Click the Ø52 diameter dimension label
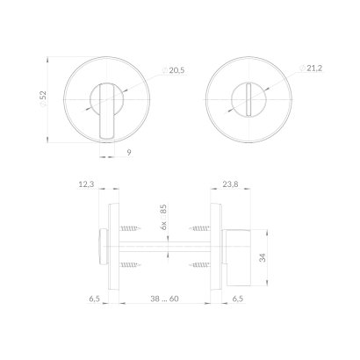(43, 99)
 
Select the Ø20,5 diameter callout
(173, 70)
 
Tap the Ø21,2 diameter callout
(311, 68)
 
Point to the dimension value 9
(129, 152)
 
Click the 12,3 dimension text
(86, 184)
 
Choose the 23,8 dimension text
(230, 184)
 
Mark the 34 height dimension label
(263, 257)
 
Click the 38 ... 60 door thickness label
(164, 299)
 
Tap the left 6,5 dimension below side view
(95, 299)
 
